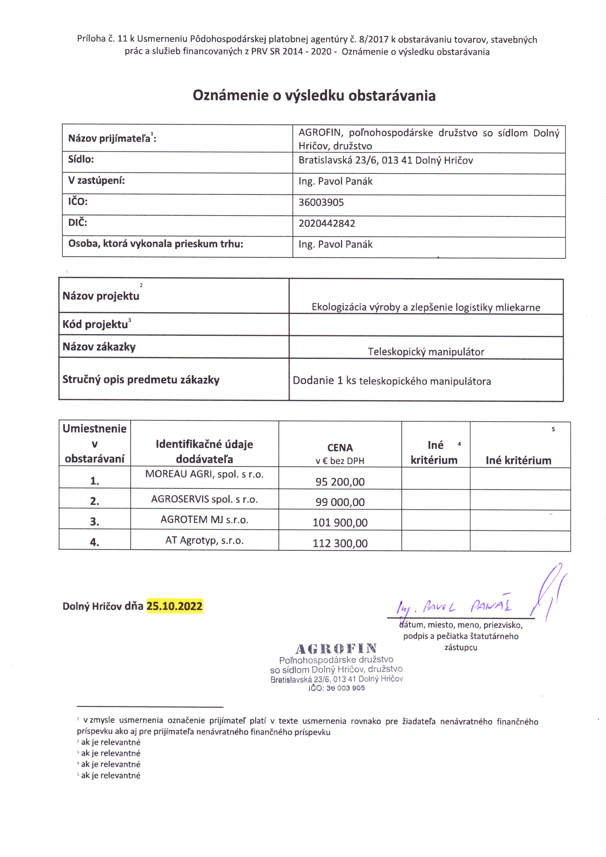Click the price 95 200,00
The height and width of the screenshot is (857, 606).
click(340, 482)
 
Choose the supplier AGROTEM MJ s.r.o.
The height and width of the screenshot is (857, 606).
click(204, 520)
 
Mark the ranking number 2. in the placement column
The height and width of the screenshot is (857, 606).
click(95, 501)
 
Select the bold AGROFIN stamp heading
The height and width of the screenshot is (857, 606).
click(336, 649)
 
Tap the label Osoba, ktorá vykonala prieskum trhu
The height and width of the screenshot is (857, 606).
click(155, 244)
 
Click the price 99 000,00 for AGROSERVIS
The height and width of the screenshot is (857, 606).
click(340, 502)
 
